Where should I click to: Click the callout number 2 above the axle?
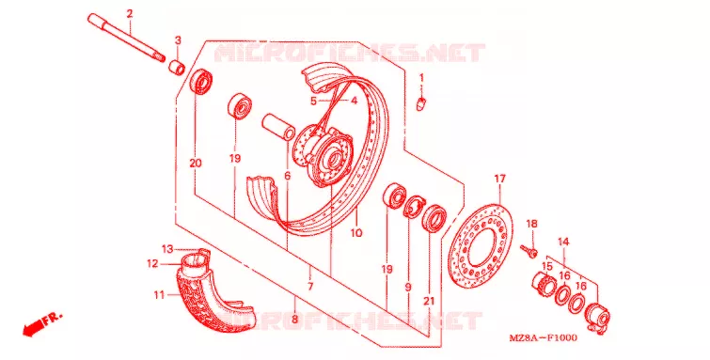point(130,14)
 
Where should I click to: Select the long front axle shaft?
point(126,39)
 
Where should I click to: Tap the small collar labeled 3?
point(177,68)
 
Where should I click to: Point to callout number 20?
point(196,163)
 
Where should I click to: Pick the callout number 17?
point(499,179)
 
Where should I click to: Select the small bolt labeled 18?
point(529,249)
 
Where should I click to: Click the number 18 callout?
point(531,224)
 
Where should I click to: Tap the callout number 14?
point(563,242)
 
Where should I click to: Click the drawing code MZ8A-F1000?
point(543,338)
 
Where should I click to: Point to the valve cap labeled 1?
point(421,103)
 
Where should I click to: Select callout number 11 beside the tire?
point(159,295)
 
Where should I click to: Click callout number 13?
point(167,248)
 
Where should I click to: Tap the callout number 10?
point(356,233)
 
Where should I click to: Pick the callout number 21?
point(429,301)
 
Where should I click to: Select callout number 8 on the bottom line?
point(294,320)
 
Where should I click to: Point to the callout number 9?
point(408,287)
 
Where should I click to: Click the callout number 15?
point(547,266)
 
